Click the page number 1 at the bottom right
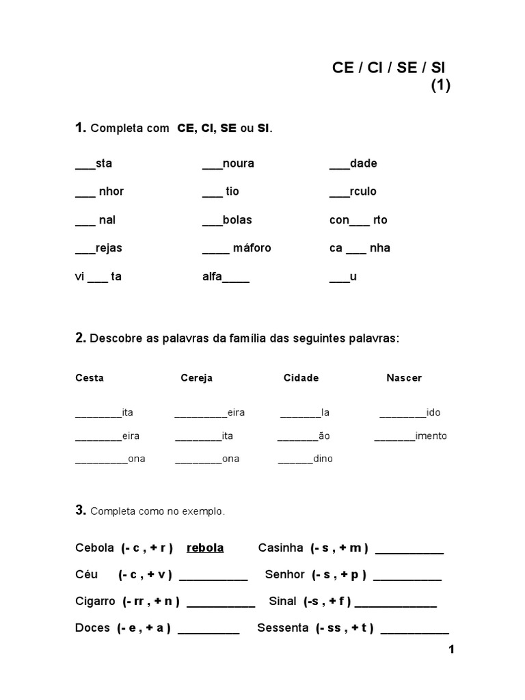pyautogui.click(x=451, y=649)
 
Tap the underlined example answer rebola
pyautogui.click(x=205, y=548)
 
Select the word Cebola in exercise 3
pyautogui.click(x=94, y=548)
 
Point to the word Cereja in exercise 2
pyautogui.click(x=197, y=378)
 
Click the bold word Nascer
pyautogui.click(x=404, y=378)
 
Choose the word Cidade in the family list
pyautogui.click(x=301, y=378)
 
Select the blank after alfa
pyautogui.click(x=236, y=280)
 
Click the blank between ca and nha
pyautogui.click(x=356, y=251)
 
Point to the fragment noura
pyautogui.click(x=239, y=163)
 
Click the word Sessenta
pyautogui.click(x=283, y=628)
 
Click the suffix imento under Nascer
pyautogui.click(x=431, y=436)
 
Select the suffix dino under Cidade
pyautogui.click(x=323, y=459)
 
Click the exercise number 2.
pyautogui.click(x=80, y=338)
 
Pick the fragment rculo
pyautogui.click(x=363, y=191)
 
